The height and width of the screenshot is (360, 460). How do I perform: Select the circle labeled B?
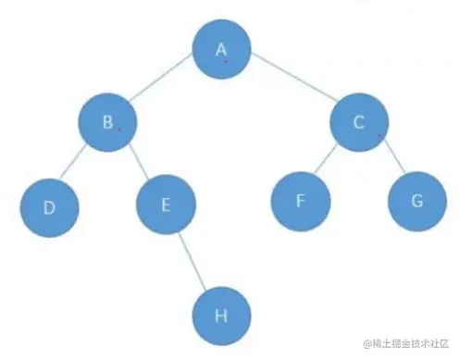pyautogui.click(x=107, y=124)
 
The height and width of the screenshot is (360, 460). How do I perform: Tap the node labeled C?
pyautogui.click(x=359, y=124)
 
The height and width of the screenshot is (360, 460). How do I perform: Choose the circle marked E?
pyautogui.click(x=165, y=205)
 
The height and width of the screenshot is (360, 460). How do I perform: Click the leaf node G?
pyautogui.click(x=416, y=201)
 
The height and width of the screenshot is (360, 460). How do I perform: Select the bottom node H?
pyautogui.click(x=220, y=316)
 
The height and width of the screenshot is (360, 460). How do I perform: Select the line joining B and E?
pyautogui.click(x=137, y=165)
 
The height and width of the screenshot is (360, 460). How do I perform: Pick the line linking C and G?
pyautogui.click(x=390, y=163)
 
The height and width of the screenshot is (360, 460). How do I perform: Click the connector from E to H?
pyautogui.click(x=193, y=260)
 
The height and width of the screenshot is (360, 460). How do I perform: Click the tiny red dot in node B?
pyautogui.click(x=119, y=130)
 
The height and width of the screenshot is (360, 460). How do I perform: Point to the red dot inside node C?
pyautogui.click(x=379, y=136)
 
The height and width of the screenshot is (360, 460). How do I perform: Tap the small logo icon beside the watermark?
pyautogui.click(x=367, y=344)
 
